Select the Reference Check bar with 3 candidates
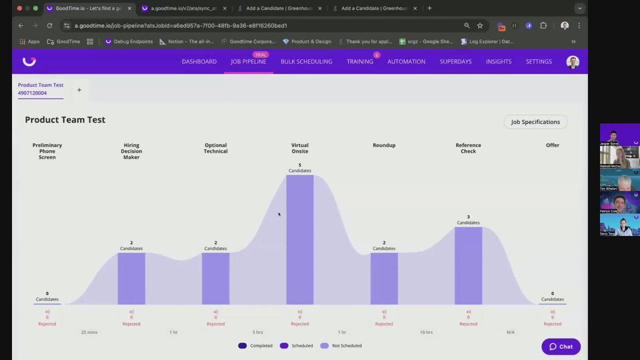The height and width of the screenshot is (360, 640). click(468, 265)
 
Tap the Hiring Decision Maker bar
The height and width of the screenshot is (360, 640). click(131, 278)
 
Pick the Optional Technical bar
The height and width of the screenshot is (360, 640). click(215, 278)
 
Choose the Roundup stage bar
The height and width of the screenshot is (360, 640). click(384, 278)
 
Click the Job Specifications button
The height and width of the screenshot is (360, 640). click(535, 122)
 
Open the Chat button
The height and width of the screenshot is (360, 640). click(560, 346)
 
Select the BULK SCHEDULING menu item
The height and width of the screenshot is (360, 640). click(306, 61)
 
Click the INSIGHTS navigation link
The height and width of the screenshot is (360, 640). click(498, 61)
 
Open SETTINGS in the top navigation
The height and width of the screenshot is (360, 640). click(538, 61)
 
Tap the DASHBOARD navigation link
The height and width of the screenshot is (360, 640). click(199, 61)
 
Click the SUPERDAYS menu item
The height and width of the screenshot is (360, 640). click(455, 61)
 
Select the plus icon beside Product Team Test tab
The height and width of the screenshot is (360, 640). click(79, 90)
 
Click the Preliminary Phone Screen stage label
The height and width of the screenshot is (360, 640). click(47, 151)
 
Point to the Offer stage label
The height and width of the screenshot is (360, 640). click(552, 145)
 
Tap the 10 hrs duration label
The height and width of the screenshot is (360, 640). click(426, 332)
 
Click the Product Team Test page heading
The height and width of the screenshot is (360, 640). click(65, 120)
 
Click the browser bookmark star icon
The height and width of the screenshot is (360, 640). click(480, 25)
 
